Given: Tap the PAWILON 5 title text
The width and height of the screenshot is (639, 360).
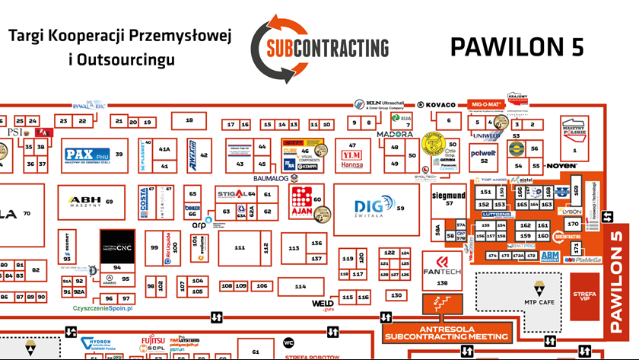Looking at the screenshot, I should [517, 46].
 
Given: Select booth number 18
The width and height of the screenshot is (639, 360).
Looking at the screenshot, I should [189, 120].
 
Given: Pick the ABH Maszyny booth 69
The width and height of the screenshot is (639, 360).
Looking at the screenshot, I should [90, 202].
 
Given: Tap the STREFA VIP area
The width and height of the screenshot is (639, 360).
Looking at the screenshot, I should [588, 295].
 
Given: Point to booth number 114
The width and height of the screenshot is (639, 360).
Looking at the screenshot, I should [300, 286].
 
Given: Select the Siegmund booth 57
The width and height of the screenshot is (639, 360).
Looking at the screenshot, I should [448, 199].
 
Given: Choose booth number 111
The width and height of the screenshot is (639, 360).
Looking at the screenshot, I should [239, 247].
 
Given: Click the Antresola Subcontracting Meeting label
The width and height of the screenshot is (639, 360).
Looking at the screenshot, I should [446, 332].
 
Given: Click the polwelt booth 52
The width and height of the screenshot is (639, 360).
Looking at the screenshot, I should [484, 155].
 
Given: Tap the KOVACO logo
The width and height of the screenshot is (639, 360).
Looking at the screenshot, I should [441, 104].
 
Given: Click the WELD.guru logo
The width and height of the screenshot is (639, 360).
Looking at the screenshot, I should [323, 304].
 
